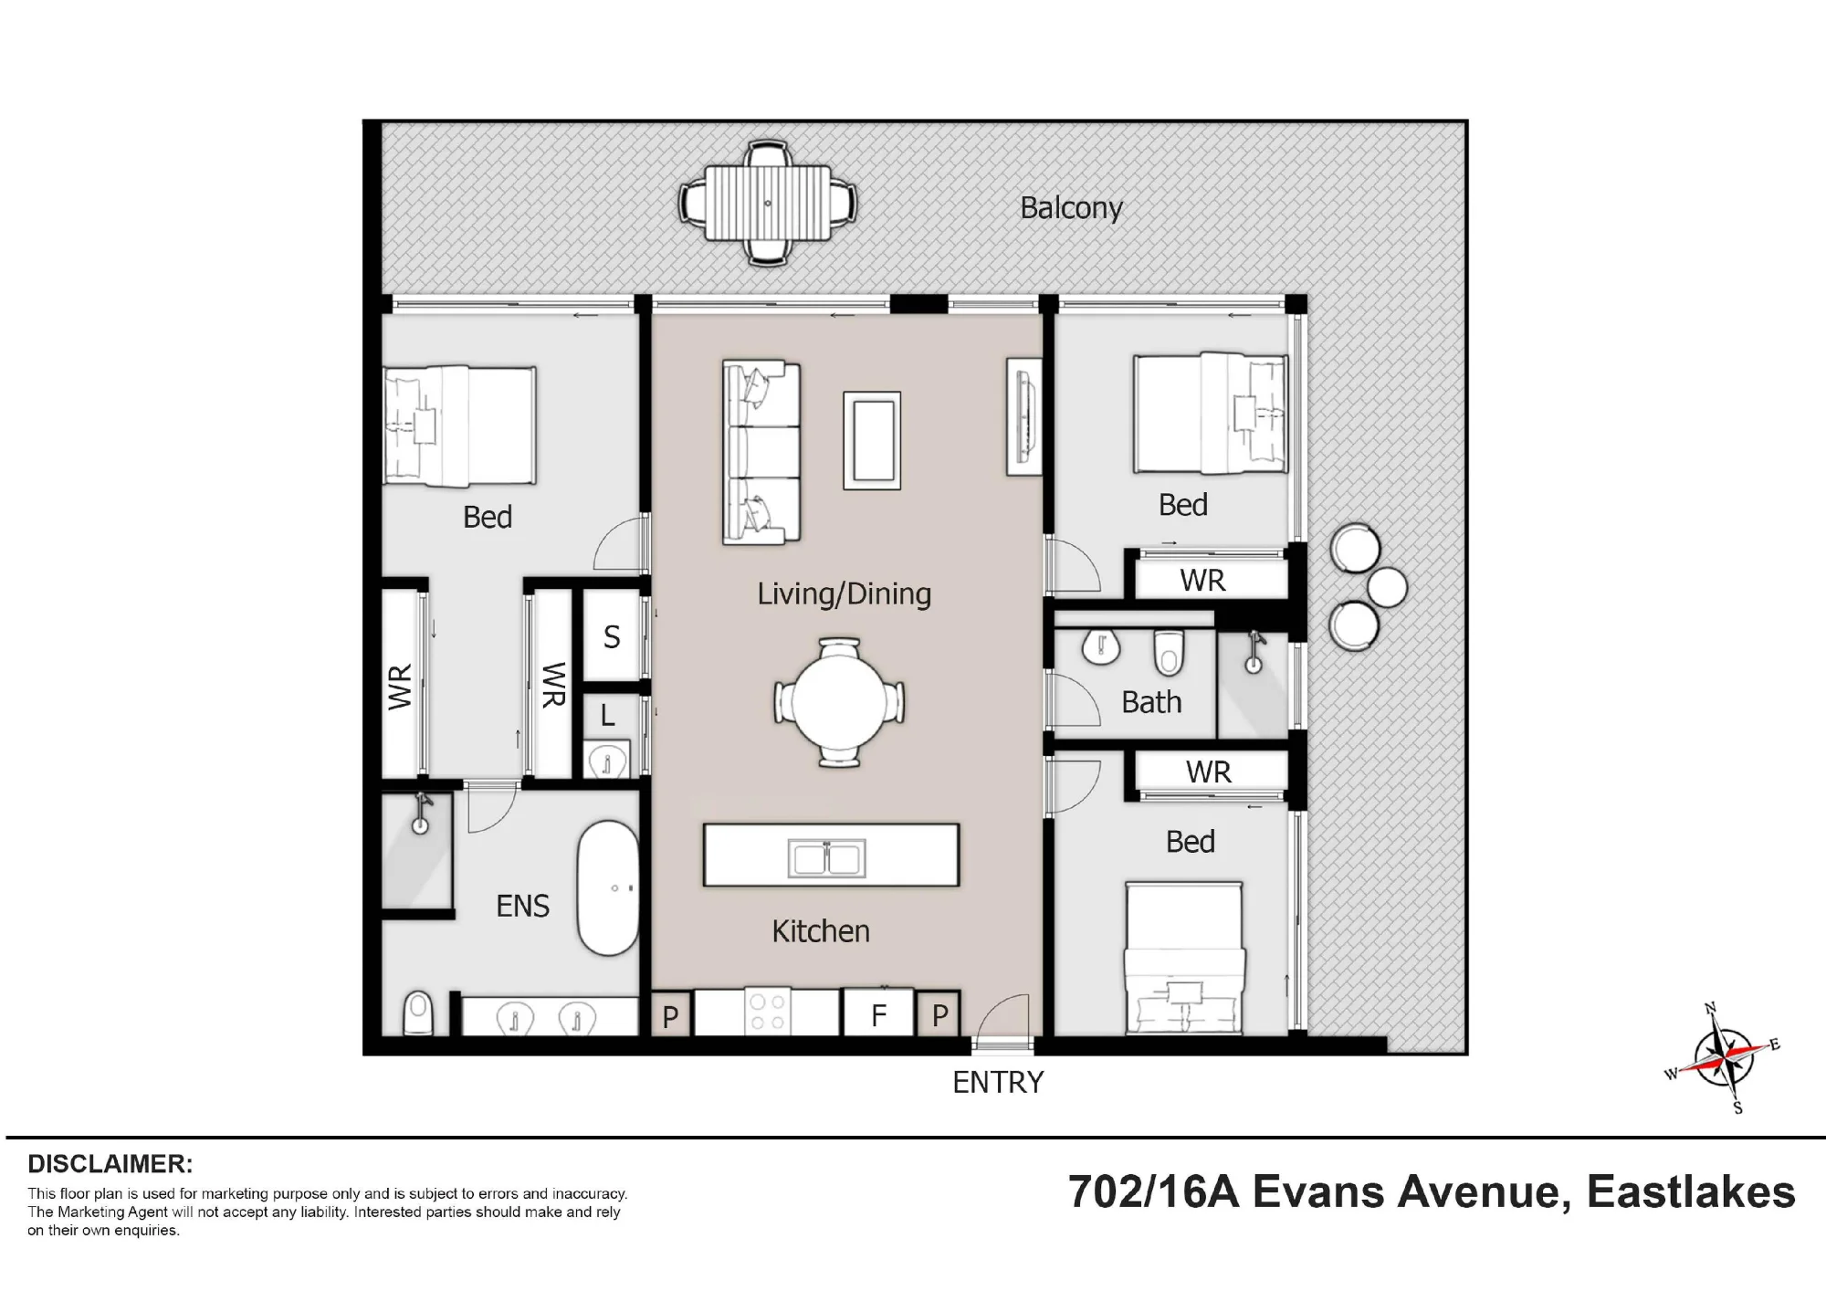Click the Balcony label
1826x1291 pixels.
tap(1071, 208)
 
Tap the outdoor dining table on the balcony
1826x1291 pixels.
tap(768, 203)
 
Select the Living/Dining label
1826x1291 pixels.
tap(844, 593)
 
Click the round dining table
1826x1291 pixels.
tap(839, 702)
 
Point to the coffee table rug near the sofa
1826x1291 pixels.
tap(872, 440)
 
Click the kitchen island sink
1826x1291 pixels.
tap(826, 857)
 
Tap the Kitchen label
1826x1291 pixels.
tap(820, 930)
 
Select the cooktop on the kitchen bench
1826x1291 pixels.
tap(767, 1012)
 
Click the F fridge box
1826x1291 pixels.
tap(878, 1013)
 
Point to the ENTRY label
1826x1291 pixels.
tap(998, 1082)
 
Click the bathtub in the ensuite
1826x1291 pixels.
tap(608, 888)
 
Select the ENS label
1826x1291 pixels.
tap(522, 906)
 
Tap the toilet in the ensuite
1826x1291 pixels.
tap(418, 1013)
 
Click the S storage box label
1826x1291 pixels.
tap(612, 636)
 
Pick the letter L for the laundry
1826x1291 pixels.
tap(608, 716)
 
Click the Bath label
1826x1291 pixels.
tap(1151, 702)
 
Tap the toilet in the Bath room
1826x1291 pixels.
tap(1169, 651)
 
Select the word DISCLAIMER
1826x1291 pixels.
tap(110, 1164)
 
